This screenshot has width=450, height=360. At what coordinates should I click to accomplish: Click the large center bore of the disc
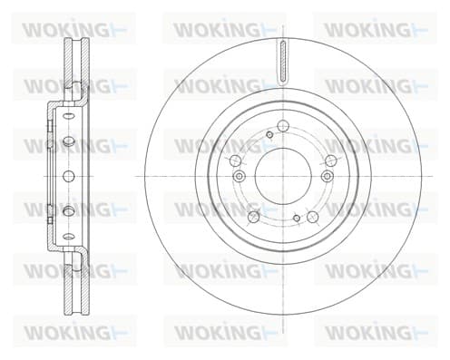pyautogui.click(x=283, y=176)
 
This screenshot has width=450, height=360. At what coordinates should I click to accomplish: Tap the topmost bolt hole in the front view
pyautogui.click(x=283, y=126)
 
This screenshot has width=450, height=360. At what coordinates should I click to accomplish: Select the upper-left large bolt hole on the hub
pyautogui.click(x=235, y=161)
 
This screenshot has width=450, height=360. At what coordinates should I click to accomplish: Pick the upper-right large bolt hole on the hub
pyautogui.click(x=331, y=161)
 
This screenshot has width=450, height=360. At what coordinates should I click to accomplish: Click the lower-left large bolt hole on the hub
pyautogui.click(x=253, y=217)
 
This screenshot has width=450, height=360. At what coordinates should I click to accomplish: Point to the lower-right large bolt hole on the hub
pyautogui.click(x=313, y=217)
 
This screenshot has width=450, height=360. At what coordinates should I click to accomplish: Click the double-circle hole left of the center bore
pyautogui.click(x=240, y=176)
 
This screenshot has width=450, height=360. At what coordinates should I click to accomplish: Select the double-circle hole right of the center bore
pyautogui.click(x=327, y=176)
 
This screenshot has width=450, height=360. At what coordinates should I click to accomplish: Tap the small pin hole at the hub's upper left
pyautogui.click(x=269, y=134)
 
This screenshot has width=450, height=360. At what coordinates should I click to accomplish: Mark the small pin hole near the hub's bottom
pyautogui.click(x=297, y=218)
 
